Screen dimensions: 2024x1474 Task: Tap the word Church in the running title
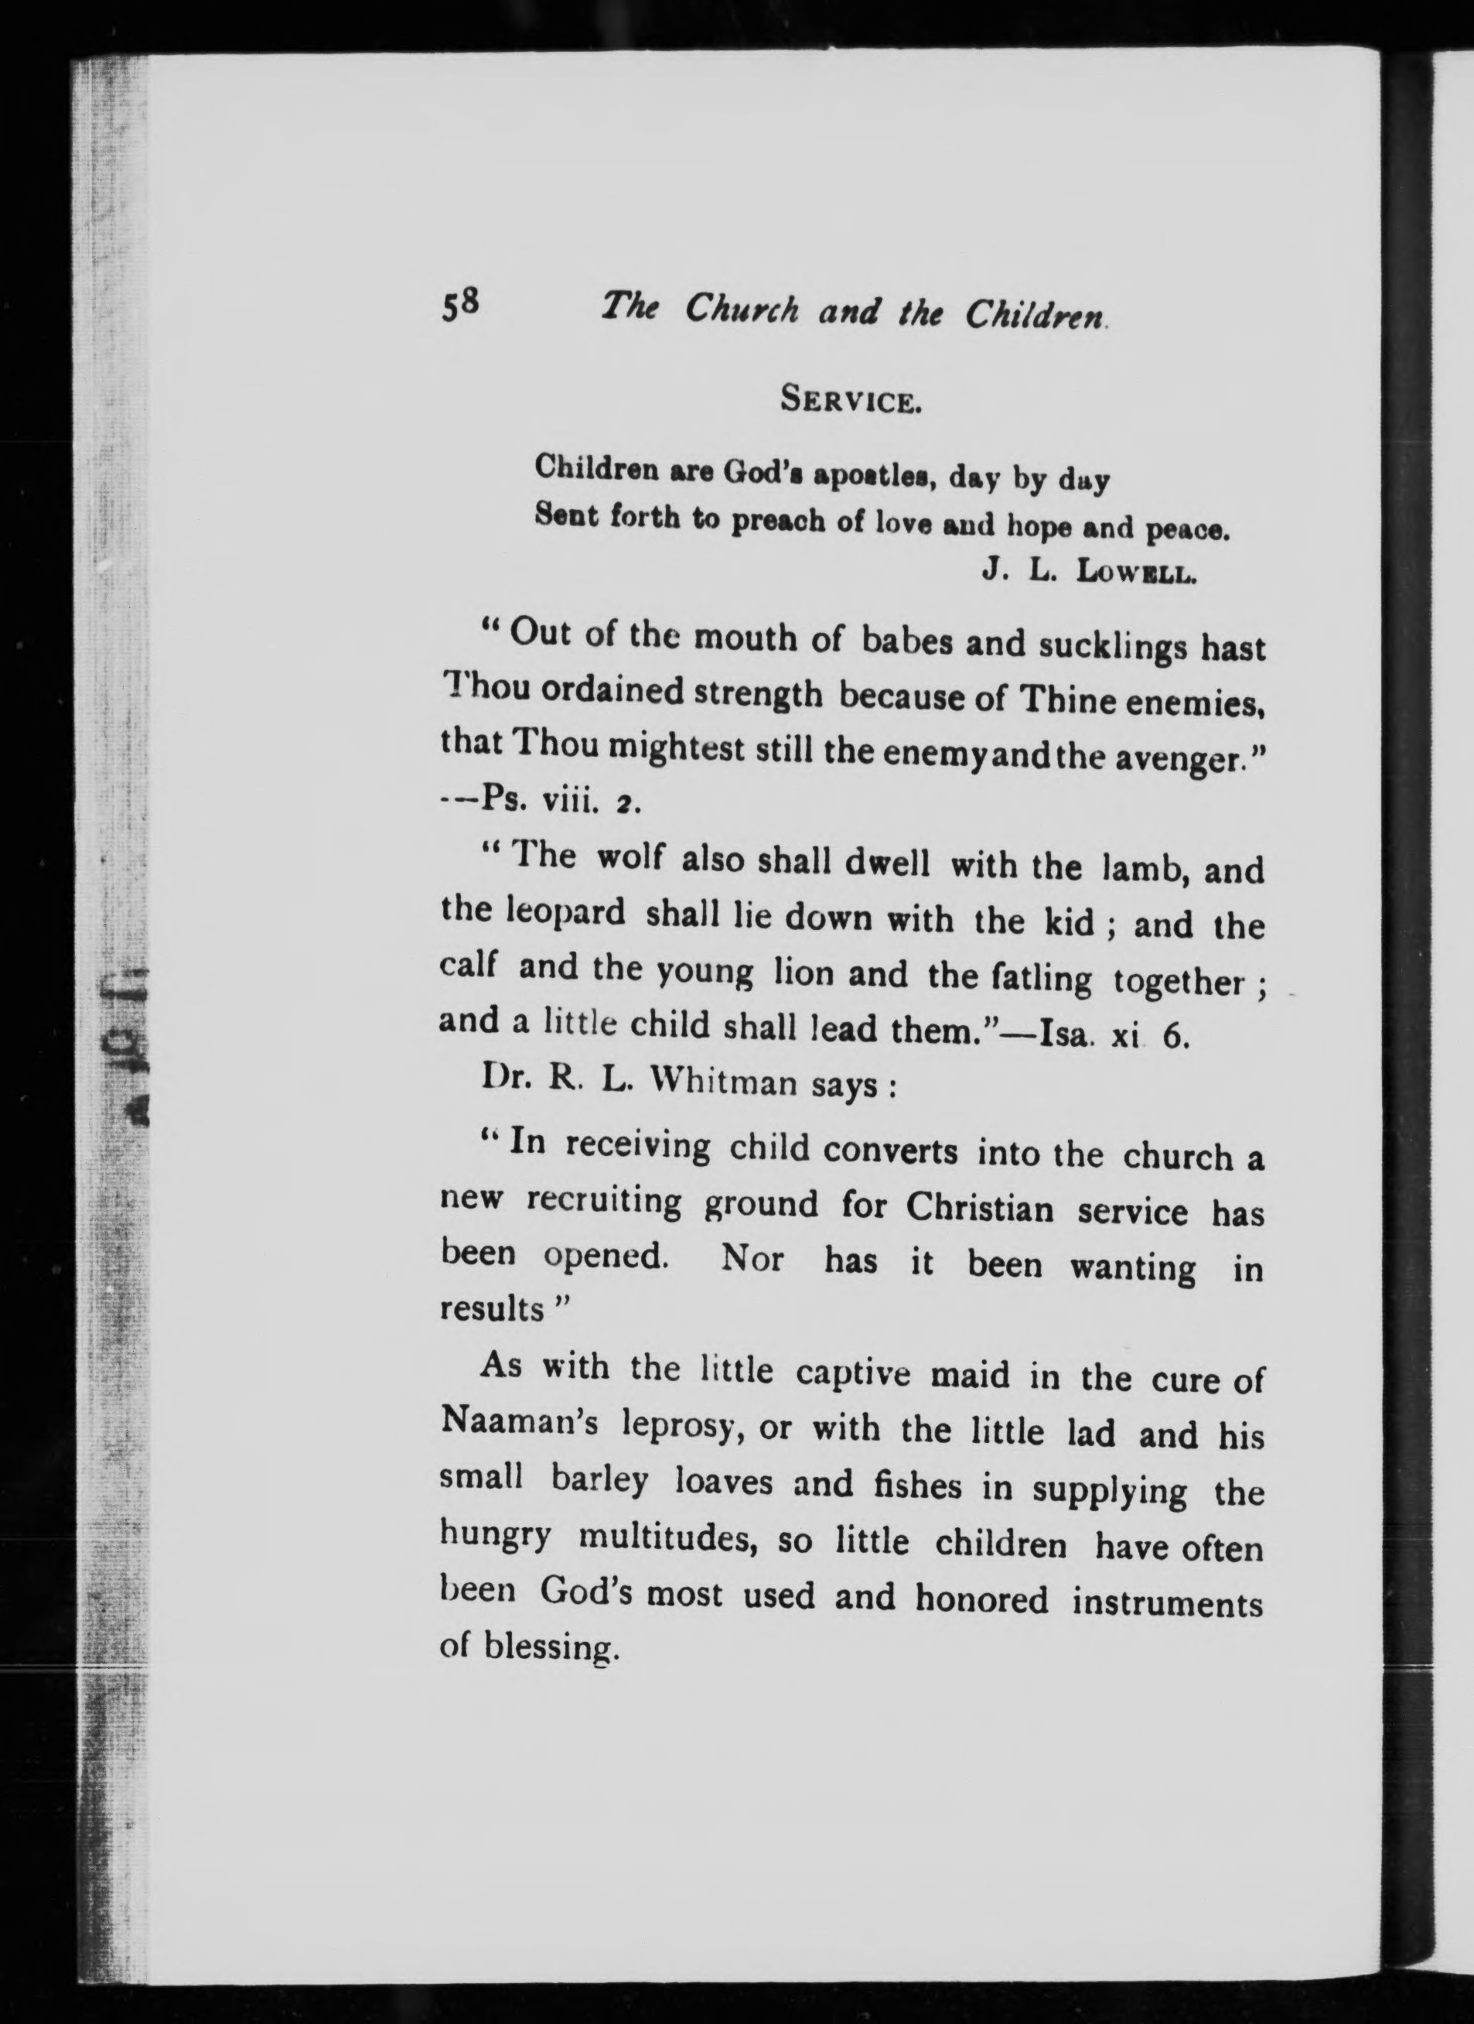pyautogui.click(x=742, y=309)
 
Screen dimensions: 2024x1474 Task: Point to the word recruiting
pyautogui.click(x=604, y=1203)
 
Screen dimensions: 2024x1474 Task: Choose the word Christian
pyautogui.click(x=980, y=1209)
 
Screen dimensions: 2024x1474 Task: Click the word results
pyautogui.click(x=493, y=1309)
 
